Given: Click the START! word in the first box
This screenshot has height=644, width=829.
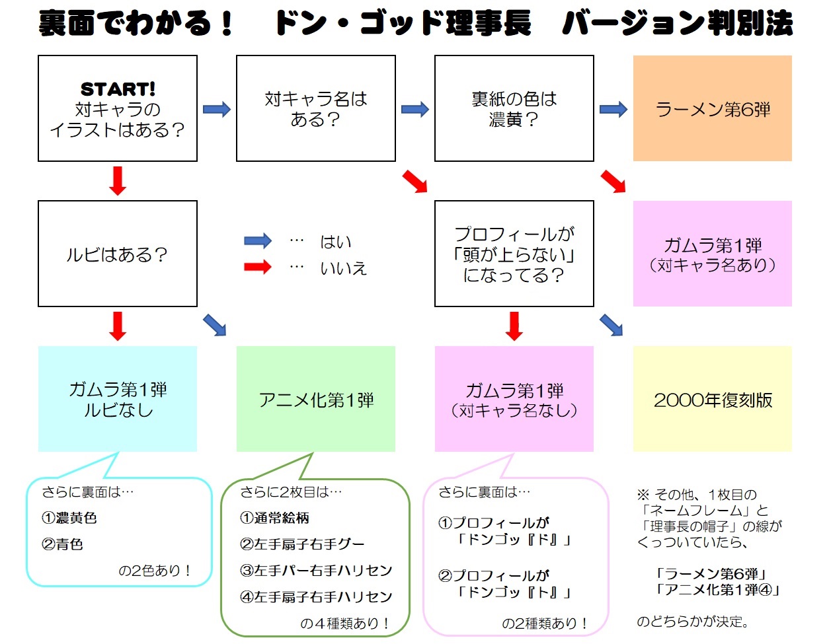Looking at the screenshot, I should pos(118,89).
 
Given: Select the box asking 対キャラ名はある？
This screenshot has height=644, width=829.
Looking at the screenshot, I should pos(316,108).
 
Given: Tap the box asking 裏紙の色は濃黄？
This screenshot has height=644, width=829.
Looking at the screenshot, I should pos(514,108).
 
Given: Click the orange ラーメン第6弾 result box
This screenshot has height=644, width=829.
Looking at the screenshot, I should pos(713,108).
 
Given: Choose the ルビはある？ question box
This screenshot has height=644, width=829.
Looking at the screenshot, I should pos(118,254).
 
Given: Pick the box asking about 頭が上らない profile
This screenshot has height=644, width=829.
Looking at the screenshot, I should pos(514,254).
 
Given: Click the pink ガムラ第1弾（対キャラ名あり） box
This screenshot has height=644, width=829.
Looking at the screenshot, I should pos(713,254).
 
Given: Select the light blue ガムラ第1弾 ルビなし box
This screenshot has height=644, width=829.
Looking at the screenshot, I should pos(118,399).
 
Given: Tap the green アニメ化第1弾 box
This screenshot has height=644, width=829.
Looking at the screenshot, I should pos(316,399).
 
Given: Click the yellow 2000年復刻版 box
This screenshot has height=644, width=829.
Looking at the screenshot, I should pos(713,399).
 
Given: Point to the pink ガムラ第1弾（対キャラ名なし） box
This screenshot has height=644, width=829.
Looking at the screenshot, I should pos(514,399).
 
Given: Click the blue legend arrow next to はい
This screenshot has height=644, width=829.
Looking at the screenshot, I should pos(258,241).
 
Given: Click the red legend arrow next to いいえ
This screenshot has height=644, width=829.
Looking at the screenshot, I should pos(258,268).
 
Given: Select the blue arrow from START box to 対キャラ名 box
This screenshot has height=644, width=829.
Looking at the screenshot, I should pos(217,109).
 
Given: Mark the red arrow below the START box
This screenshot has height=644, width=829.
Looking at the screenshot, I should pos(118,180).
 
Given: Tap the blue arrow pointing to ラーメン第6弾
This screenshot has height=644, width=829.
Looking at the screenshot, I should pos(613,109).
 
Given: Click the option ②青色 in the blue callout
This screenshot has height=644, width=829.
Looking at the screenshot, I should pos(63,544).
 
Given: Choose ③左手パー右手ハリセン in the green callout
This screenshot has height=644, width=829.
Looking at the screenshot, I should pos(316,570).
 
